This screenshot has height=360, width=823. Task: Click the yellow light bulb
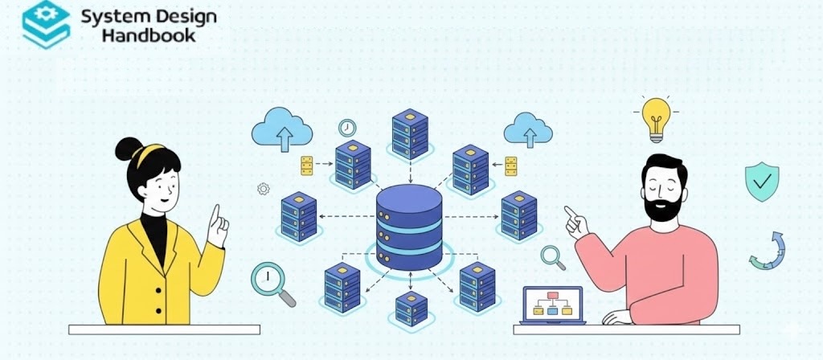point(656,117)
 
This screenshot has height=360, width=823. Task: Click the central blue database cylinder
point(409,227)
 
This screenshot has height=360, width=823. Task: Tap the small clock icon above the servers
point(347,128)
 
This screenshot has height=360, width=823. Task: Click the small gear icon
point(262,189)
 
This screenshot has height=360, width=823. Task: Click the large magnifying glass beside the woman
point(270,282)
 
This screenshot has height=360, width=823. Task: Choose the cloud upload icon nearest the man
point(527,129)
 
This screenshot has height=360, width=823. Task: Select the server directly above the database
point(409,133)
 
